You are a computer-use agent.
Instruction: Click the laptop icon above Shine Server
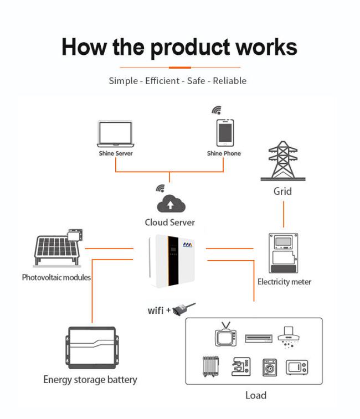116,133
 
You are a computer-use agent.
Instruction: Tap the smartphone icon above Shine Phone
225,133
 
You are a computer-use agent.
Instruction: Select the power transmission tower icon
283,161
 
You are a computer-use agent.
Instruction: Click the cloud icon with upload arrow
171,204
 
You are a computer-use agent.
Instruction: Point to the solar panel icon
57,248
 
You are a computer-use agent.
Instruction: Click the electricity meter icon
283,253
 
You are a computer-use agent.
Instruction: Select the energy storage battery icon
92,348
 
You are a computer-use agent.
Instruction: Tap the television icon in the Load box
226,335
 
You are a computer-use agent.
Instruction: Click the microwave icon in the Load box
297,367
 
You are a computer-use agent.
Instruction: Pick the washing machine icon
270,367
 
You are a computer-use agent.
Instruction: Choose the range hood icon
289,337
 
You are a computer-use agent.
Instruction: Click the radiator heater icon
211,366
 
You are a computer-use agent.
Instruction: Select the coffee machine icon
241,366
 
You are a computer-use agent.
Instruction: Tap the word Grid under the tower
282,192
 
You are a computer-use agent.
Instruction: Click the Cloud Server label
170,223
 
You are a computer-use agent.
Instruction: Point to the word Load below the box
256,395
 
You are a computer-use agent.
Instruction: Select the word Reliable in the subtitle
230,81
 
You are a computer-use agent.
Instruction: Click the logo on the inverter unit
188,245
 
